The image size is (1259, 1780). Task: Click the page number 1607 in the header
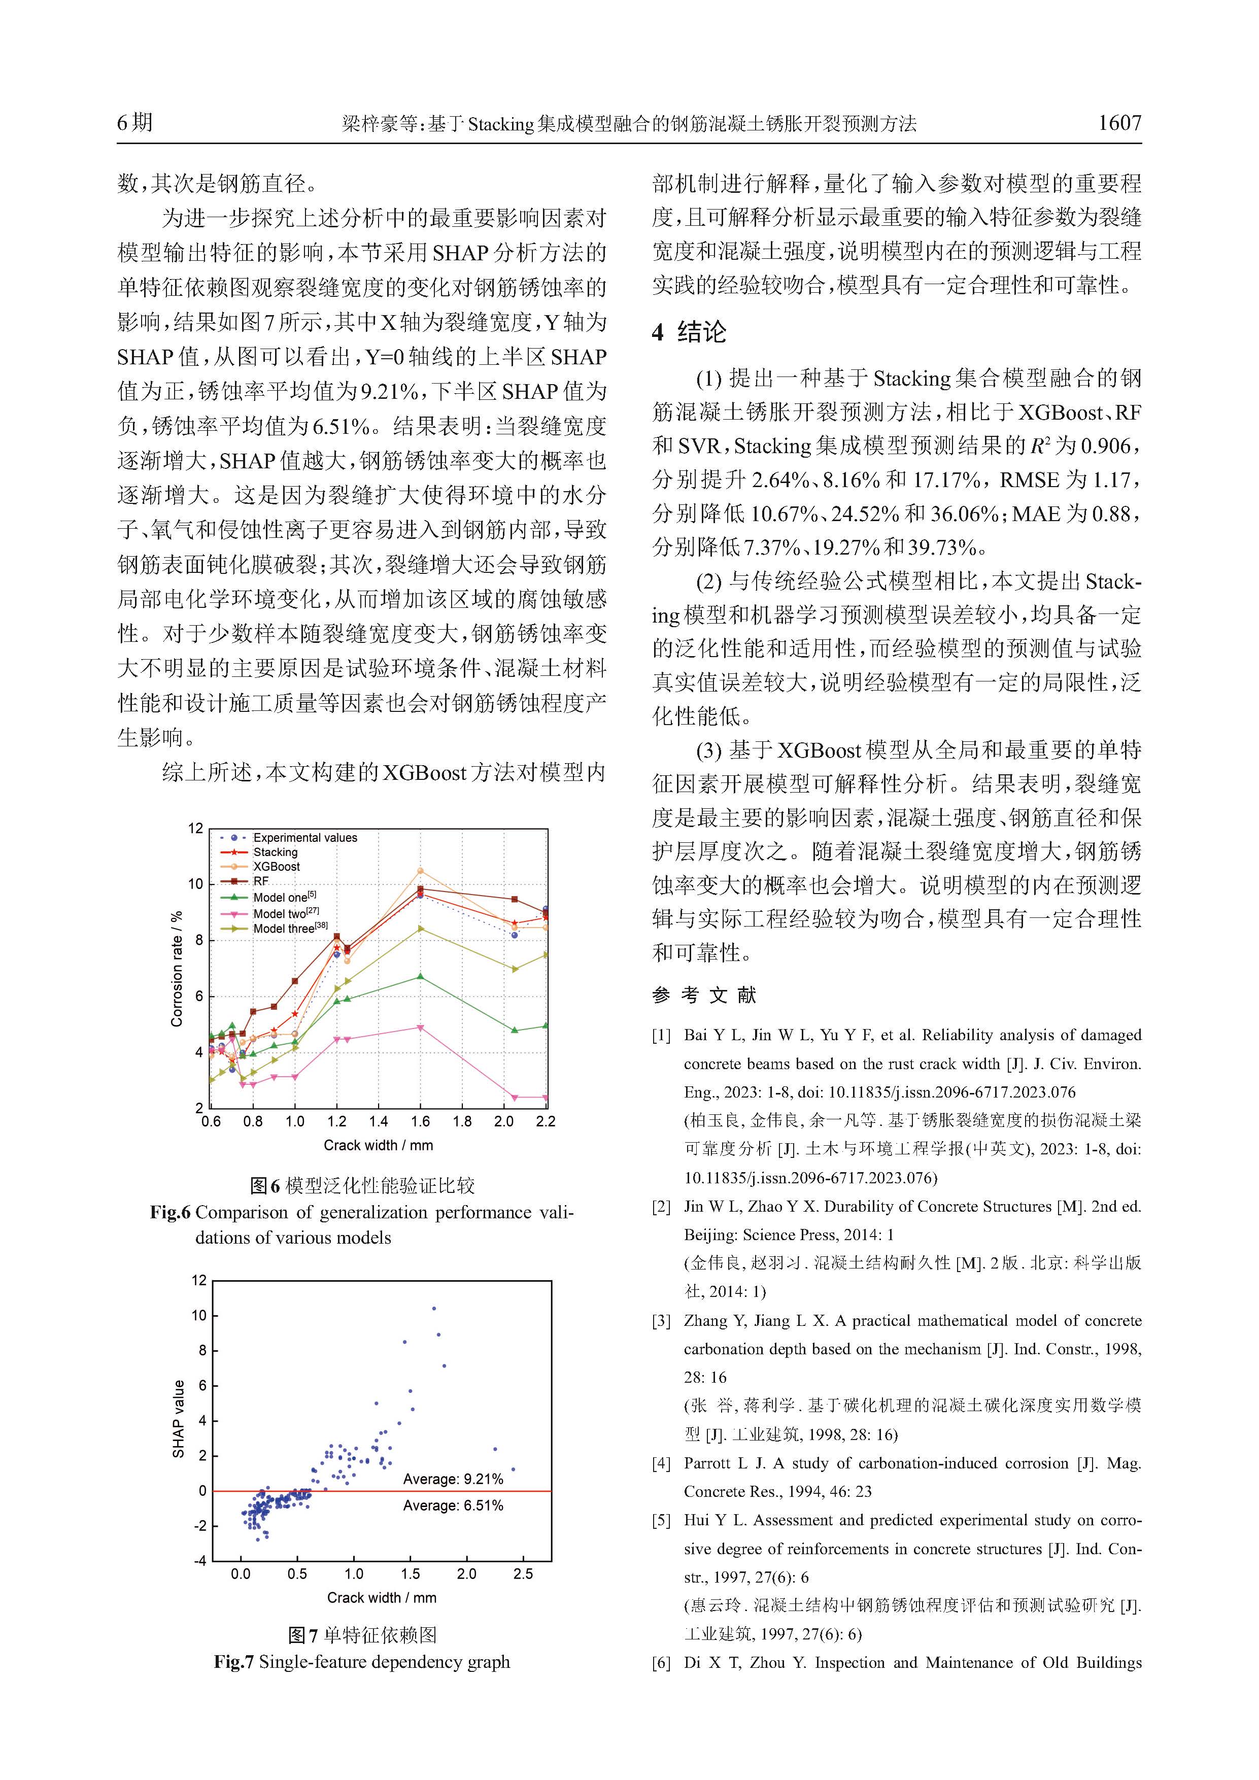(x=1118, y=123)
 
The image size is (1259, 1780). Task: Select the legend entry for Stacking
(x=275, y=852)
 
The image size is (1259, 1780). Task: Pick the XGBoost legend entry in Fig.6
(x=277, y=867)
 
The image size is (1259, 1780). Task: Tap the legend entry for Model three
(x=284, y=929)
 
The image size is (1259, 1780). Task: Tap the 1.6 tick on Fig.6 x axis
(x=420, y=1122)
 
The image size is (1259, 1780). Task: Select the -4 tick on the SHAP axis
(x=200, y=1561)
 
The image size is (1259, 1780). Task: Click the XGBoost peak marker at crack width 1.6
(x=420, y=871)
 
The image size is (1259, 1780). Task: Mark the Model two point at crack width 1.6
(x=420, y=1028)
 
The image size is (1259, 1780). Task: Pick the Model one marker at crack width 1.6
(x=420, y=976)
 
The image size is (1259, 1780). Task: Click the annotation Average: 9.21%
(x=453, y=1479)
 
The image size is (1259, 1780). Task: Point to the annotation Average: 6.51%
(x=453, y=1505)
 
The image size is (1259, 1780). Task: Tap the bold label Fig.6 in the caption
(x=170, y=1213)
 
